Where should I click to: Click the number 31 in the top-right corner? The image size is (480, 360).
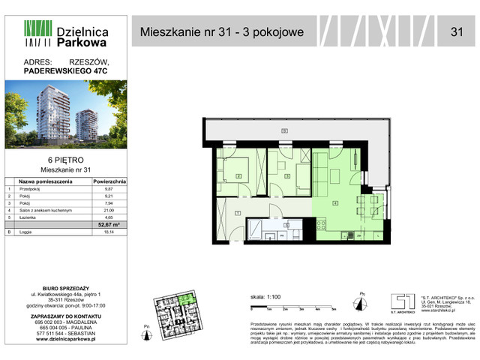[x=456, y=31]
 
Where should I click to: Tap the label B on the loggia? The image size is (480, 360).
[x=284, y=132]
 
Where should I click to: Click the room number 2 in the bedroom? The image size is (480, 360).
[x=238, y=176]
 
